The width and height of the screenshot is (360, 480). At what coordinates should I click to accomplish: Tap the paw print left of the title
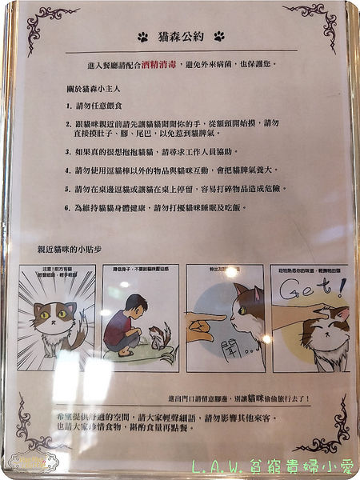click(x=142, y=37)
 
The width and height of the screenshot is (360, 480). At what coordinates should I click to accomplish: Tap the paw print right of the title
click(x=218, y=37)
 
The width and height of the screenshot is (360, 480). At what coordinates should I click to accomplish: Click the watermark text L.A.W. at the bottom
click(x=220, y=466)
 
